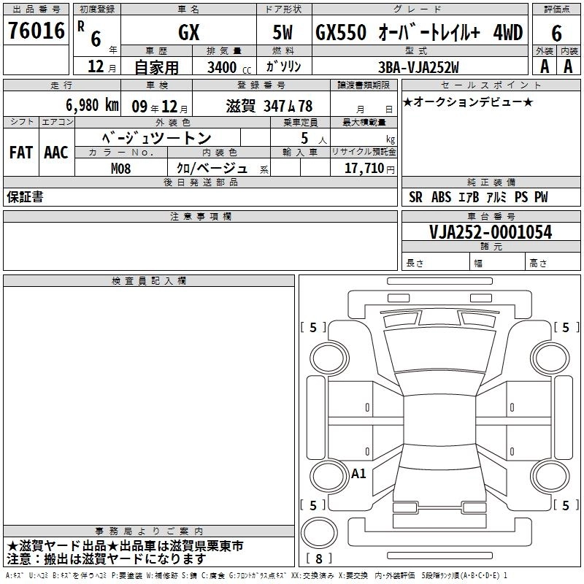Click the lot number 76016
(36, 31)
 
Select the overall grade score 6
(556, 34)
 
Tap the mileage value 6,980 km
(93, 105)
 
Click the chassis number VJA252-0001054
(491, 232)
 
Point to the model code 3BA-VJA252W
(418, 67)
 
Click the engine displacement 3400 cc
(229, 67)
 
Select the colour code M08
(121, 169)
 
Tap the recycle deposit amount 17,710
(364, 168)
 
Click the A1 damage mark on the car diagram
(358, 473)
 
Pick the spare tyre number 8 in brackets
(319, 558)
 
